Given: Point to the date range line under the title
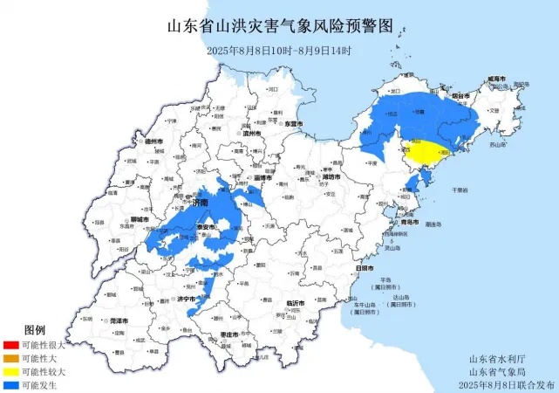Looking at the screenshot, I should pyautogui.click(x=279, y=50).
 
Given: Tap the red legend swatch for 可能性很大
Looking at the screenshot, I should pyautogui.click(x=10, y=345).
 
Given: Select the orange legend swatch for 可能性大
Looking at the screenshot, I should pyautogui.click(x=10, y=358).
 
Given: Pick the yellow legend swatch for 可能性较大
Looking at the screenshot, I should pyautogui.click(x=10, y=371).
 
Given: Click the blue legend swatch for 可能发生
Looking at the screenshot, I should pyautogui.click(x=10, y=384).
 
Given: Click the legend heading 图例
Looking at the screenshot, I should pyautogui.click(x=35, y=330).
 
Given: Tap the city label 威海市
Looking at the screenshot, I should pyautogui.click(x=496, y=79).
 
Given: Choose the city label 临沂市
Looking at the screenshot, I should pyautogui.click(x=297, y=303).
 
